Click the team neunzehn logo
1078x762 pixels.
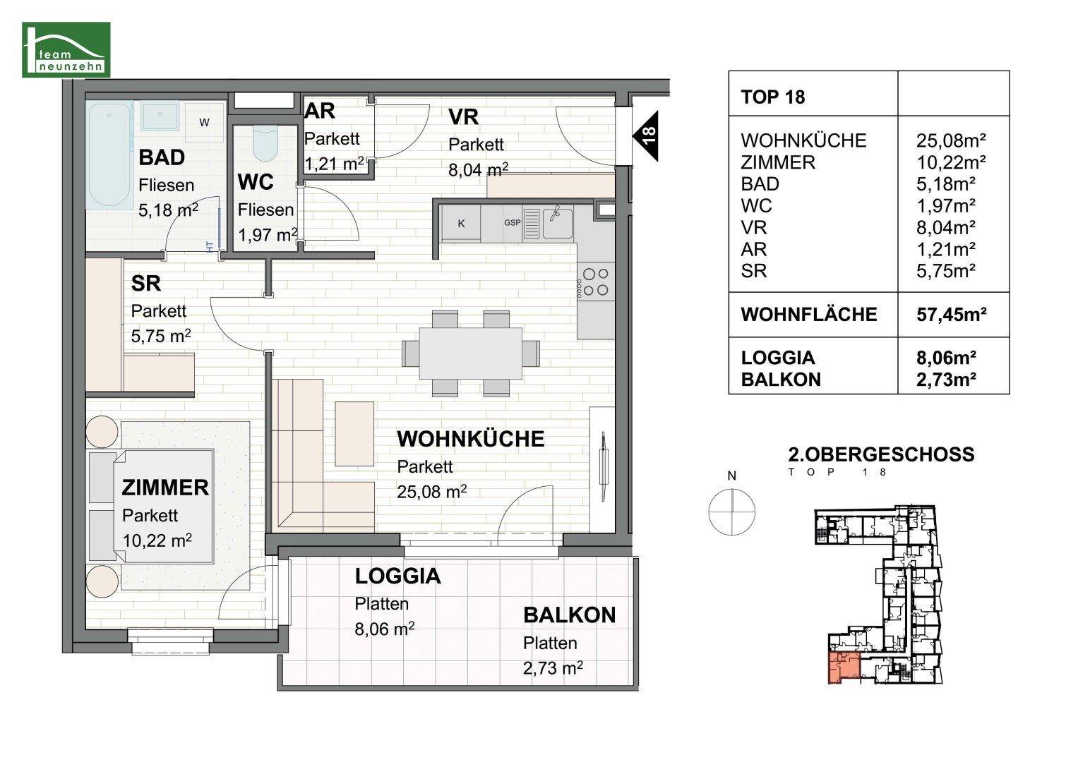click(66, 49)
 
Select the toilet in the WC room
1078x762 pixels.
click(265, 145)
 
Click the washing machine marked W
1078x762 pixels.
click(204, 123)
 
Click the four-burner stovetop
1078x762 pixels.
click(594, 282)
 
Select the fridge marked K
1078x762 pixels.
click(461, 223)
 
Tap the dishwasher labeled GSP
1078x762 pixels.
click(512, 223)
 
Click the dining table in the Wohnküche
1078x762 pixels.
click(471, 353)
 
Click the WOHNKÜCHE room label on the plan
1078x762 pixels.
click(470, 439)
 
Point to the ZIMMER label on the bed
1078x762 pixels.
click(165, 488)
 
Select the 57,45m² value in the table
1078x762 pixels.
click(950, 315)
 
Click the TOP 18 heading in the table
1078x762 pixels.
click(773, 97)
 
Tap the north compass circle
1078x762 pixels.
click(732, 510)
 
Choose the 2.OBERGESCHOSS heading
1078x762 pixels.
click(880, 454)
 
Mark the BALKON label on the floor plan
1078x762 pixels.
click(569, 615)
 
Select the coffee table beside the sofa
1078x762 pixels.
click(354, 433)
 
